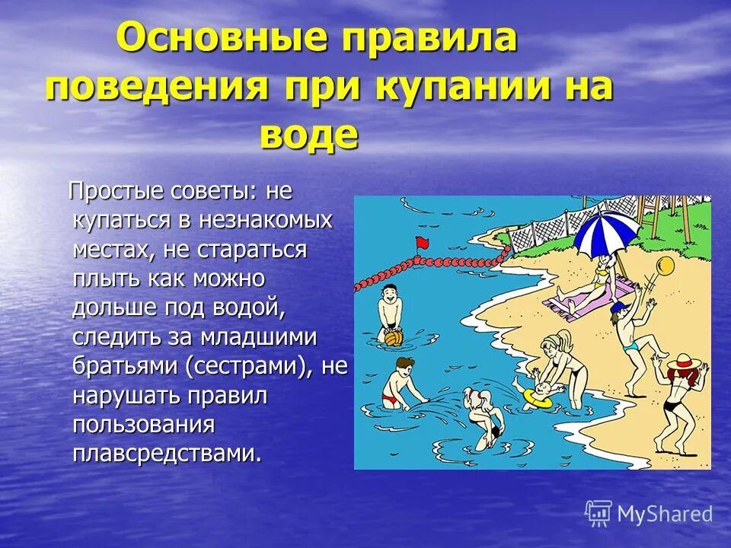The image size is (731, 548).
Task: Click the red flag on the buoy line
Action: (420, 243)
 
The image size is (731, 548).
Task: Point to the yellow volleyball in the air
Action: (664, 266)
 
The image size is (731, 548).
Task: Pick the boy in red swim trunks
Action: (397, 384)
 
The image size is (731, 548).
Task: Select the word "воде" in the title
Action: (308, 135)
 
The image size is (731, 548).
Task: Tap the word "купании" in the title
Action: (461, 87)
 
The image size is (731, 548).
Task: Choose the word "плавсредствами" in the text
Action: (167, 453)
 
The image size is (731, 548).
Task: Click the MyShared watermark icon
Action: (599, 514)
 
